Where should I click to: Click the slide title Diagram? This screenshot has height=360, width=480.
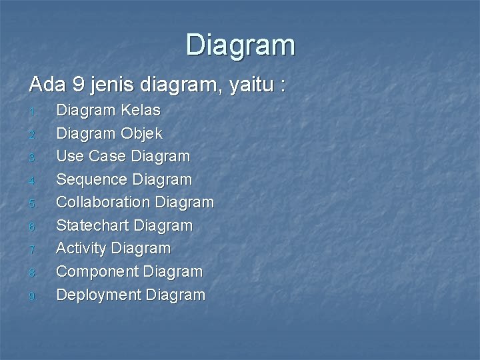(x=240, y=45)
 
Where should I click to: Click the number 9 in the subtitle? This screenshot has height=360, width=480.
(x=79, y=85)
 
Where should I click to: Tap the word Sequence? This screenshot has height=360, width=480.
(x=94, y=179)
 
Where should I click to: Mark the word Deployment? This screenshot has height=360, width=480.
(x=98, y=294)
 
